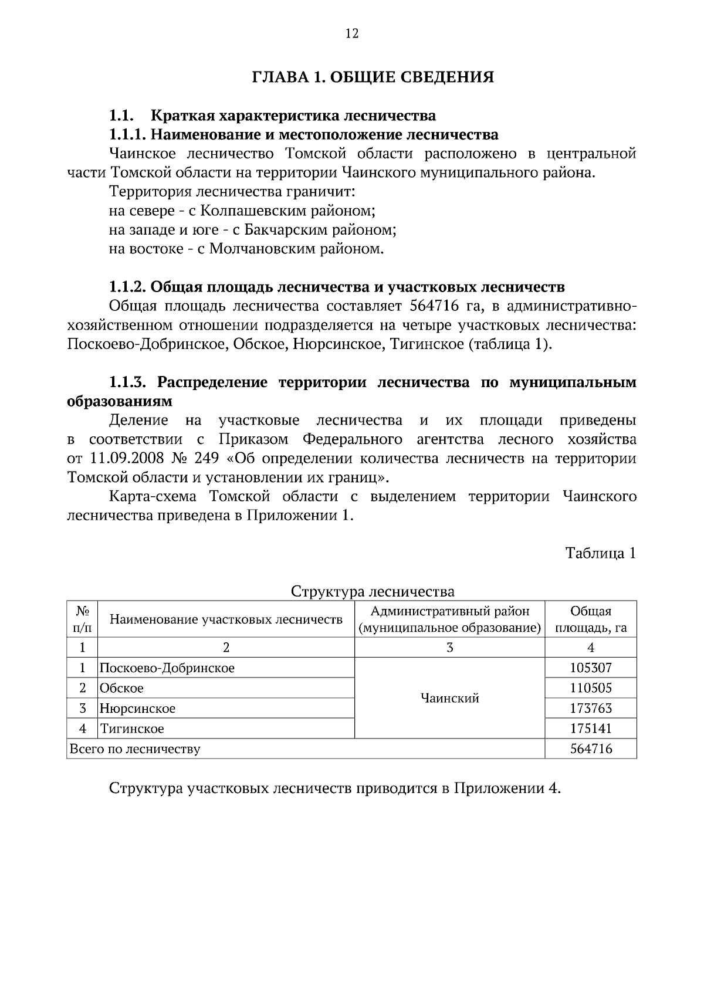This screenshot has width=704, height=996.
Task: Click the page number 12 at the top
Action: (x=351, y=33)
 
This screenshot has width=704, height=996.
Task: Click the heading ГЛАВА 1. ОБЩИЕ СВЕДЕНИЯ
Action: (x=373, y=77)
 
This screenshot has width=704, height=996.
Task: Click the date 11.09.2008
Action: (x=123, y=458)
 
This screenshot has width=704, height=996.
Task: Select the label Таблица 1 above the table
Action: (x=600, y=553)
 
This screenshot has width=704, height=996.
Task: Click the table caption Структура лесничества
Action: (x=373, y=591)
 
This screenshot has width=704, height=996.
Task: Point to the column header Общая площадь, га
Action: (x=591, y=619)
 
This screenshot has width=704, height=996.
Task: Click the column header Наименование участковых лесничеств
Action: (x=226, y=619)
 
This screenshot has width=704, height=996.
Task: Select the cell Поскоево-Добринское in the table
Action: (x=167, y=668)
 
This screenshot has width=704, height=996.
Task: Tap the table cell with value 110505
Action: (x=591, y=688)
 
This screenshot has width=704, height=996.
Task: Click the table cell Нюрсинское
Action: (x=138, y=709)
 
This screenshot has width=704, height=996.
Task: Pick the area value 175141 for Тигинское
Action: (x=591, y=729)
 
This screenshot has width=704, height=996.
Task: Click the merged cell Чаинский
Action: (x=450, y=698)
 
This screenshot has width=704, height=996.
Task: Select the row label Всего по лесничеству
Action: (x=135, y=749)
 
